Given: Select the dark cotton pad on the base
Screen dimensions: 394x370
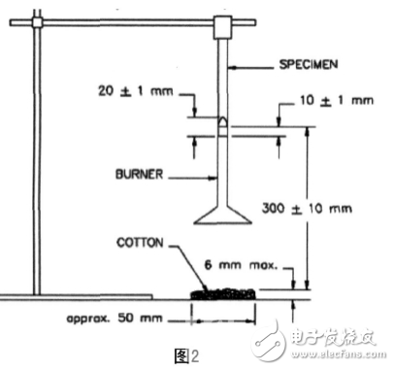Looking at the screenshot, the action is (x=222, y=291).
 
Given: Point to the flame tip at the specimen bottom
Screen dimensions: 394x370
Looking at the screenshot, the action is (x=225, y=122).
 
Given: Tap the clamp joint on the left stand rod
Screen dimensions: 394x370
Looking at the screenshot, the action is (x=36, y=20).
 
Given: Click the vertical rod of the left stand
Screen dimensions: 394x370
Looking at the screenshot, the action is (x=37, y=155).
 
